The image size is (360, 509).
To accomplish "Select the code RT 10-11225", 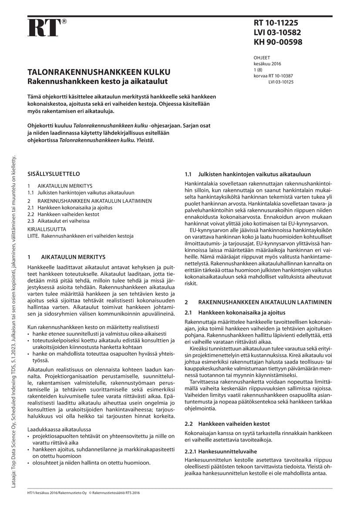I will [x=276, y=23].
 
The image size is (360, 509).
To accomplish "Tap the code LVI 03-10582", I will [x=277, y=33].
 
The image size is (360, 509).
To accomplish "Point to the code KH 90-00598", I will [x=278, y=42].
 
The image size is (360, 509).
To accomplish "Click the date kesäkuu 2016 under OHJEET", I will [x=267, y=64].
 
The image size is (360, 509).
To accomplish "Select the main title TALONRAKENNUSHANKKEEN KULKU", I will [x=99, y=72].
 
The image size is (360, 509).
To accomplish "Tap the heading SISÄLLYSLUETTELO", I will [x=54, y=172].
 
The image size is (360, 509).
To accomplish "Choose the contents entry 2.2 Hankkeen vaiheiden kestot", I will [x=63, y=215].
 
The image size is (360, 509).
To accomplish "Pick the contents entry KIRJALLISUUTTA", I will [x=47, y=229].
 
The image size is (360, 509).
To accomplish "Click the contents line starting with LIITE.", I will [x=80, y=236].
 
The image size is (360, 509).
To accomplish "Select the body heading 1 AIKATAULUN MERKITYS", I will [x=66, y=257].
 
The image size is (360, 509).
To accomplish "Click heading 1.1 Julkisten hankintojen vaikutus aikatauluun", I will [x=248, y=174].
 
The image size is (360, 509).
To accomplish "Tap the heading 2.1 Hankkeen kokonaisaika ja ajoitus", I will [x=235, y=312].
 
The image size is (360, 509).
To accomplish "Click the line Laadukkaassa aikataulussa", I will [x=56, y=429].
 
